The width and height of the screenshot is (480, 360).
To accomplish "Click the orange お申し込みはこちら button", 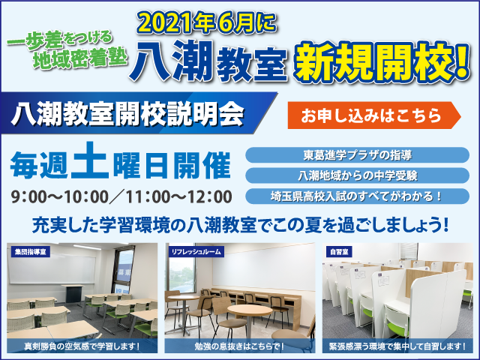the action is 374,115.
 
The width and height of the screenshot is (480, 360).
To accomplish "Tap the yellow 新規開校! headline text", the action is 382,63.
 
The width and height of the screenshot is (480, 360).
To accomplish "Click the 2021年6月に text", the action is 207,23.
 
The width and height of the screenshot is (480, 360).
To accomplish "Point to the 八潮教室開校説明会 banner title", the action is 127,114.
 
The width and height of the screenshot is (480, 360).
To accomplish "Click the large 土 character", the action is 90,161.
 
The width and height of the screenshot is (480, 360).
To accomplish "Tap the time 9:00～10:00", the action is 60,196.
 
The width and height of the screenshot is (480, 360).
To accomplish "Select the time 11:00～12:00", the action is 178,196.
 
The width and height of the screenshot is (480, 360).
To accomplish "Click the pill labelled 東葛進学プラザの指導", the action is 357,155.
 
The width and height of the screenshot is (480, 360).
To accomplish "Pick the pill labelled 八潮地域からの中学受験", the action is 357,175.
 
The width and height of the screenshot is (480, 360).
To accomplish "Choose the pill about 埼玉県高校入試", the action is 357,196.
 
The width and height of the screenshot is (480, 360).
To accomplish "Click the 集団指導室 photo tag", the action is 30,252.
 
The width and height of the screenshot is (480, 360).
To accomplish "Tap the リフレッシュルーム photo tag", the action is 196,252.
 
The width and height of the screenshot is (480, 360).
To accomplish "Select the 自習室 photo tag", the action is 339,252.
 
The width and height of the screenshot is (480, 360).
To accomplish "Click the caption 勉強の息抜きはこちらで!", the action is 240,346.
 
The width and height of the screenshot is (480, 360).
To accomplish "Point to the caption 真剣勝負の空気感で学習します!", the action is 82,346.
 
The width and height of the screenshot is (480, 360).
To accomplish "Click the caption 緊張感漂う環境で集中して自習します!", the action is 397,346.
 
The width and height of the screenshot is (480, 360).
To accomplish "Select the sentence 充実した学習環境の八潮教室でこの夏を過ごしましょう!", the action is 240,225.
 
